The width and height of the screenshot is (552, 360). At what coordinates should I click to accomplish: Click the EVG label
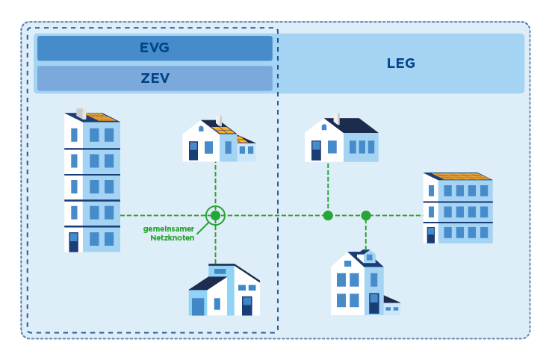click(x=155, y=48)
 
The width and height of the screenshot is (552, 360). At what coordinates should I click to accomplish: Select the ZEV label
click(x=155, y=78)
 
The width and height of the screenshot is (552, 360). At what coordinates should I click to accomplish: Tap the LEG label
click(x=400, y=63)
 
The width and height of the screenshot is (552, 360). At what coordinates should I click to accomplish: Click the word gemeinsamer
click(x=169, y=229)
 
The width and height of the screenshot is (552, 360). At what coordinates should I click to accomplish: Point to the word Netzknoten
click(x=172, y=238)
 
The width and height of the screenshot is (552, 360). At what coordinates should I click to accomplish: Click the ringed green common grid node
click(x=215, y=216)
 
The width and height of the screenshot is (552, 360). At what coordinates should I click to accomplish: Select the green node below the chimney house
click(x=328, y=216)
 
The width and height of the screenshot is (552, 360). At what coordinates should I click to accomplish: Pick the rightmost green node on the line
click(x=366, y=216)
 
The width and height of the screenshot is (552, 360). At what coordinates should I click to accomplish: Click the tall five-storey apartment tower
click(x=93, y=183)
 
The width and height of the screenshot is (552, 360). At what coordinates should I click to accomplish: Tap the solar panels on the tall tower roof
click(x=101, y=117)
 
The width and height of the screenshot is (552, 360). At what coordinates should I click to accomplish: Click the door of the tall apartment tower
click(x=73, y=242)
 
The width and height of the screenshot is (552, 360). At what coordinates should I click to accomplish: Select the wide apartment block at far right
click(x=457, y=209)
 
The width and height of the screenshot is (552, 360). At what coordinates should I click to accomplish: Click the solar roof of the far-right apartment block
click(x=459, y=176)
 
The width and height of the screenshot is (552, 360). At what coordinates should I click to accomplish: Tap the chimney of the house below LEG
click(x=337, y=119)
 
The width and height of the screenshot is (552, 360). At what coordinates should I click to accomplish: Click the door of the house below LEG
click(x=316, y=150)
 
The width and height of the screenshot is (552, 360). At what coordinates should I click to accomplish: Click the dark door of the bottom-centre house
click(x=246, y=305)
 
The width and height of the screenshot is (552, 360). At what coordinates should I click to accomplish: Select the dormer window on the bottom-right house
click(x=369, y=257)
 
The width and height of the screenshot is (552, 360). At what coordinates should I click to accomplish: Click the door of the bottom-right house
click(x=374, y=302)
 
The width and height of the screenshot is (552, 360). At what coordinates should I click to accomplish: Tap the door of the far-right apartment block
click(x=431, y=235)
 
